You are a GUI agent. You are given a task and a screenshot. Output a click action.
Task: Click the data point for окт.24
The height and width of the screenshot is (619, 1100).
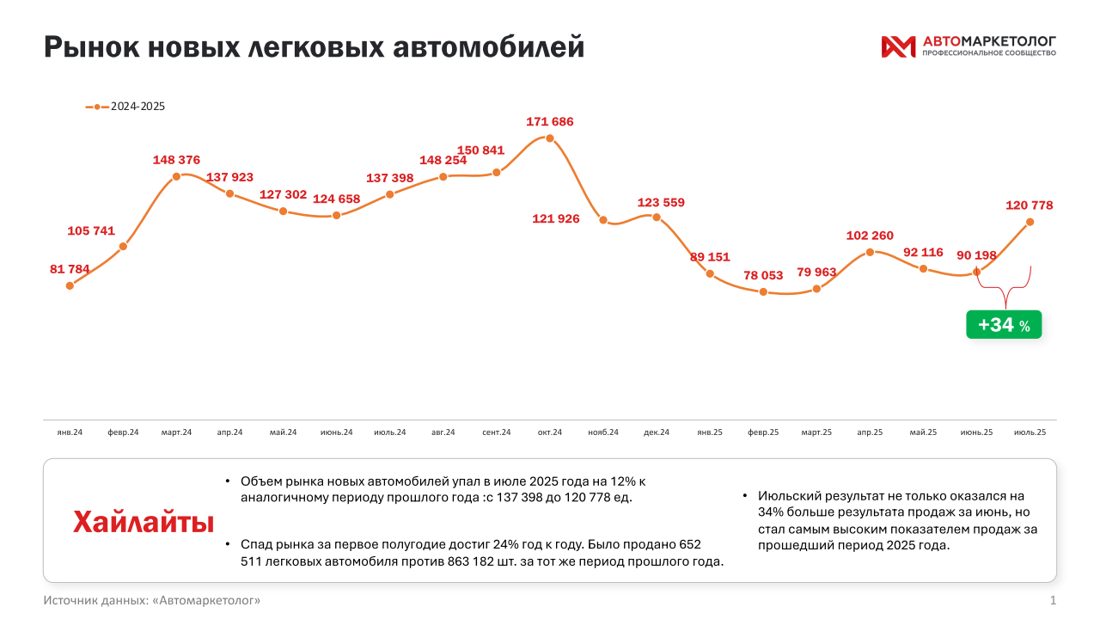coord(550,138)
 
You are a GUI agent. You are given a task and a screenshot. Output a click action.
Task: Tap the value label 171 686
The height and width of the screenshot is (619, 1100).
coord(550,122)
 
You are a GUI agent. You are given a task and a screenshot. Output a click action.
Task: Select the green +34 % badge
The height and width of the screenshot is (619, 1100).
coord(1004,325)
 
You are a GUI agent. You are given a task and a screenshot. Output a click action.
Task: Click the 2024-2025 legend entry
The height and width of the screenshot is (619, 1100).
coord(125,107)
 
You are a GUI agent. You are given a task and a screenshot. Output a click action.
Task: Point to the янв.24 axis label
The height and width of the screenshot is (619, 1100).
coord(70,432)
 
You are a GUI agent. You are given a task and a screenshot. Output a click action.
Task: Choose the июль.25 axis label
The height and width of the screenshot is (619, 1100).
coord(1030,432)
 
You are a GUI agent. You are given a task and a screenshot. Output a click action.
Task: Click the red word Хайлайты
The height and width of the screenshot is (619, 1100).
coord(144,522)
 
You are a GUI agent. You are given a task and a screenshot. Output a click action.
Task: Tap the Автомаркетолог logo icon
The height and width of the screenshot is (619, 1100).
coord(898,46)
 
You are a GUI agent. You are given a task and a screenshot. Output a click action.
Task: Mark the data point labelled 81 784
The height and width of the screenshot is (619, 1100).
coord(70,285)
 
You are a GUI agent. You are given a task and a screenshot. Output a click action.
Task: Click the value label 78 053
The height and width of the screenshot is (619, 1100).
coord(763,276)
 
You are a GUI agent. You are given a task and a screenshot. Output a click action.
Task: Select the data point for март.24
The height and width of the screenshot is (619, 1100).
coord(176,176)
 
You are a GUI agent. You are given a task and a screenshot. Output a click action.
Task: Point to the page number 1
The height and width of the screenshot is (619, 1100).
coord(1053,599)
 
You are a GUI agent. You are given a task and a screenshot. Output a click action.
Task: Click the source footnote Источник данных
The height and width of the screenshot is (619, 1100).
coord(152,599)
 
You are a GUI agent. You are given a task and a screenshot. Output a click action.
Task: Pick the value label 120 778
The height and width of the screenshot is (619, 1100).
coord(1030,205)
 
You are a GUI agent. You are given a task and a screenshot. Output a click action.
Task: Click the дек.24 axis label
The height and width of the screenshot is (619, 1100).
coord(657,432)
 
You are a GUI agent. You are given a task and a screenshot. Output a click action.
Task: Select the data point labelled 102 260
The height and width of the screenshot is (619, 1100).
coord(870,252)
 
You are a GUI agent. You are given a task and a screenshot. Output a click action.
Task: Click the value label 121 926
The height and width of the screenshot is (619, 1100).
coord(556,219)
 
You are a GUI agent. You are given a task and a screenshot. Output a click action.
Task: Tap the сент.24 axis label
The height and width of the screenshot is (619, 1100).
coord(497,432)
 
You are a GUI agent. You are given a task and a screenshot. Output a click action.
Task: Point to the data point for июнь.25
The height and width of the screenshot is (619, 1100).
coord(976,273)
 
